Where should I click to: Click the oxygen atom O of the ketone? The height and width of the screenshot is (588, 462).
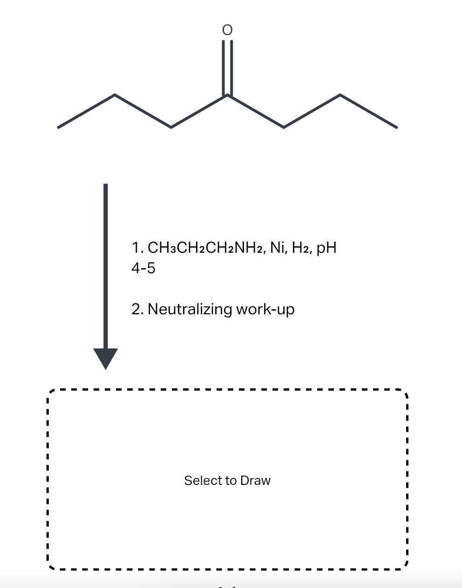(227, 30)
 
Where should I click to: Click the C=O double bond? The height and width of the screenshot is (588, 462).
(227, 68)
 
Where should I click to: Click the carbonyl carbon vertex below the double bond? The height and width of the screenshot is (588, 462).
(227, 95)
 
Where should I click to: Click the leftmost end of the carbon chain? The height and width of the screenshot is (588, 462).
(58, 127)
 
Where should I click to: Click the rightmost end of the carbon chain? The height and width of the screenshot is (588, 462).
(396, 127)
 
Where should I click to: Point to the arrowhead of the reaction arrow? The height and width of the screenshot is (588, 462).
(106, 358)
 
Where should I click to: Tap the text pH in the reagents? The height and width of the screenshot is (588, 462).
(326, 248)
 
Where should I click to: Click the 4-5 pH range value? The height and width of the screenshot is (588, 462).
(143, 268)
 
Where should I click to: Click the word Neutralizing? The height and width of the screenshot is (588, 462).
(190, 309)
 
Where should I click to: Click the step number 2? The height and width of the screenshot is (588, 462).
(136, 309)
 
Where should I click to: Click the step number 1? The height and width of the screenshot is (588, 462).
(136, 248)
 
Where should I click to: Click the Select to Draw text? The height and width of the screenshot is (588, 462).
(227, 480)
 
